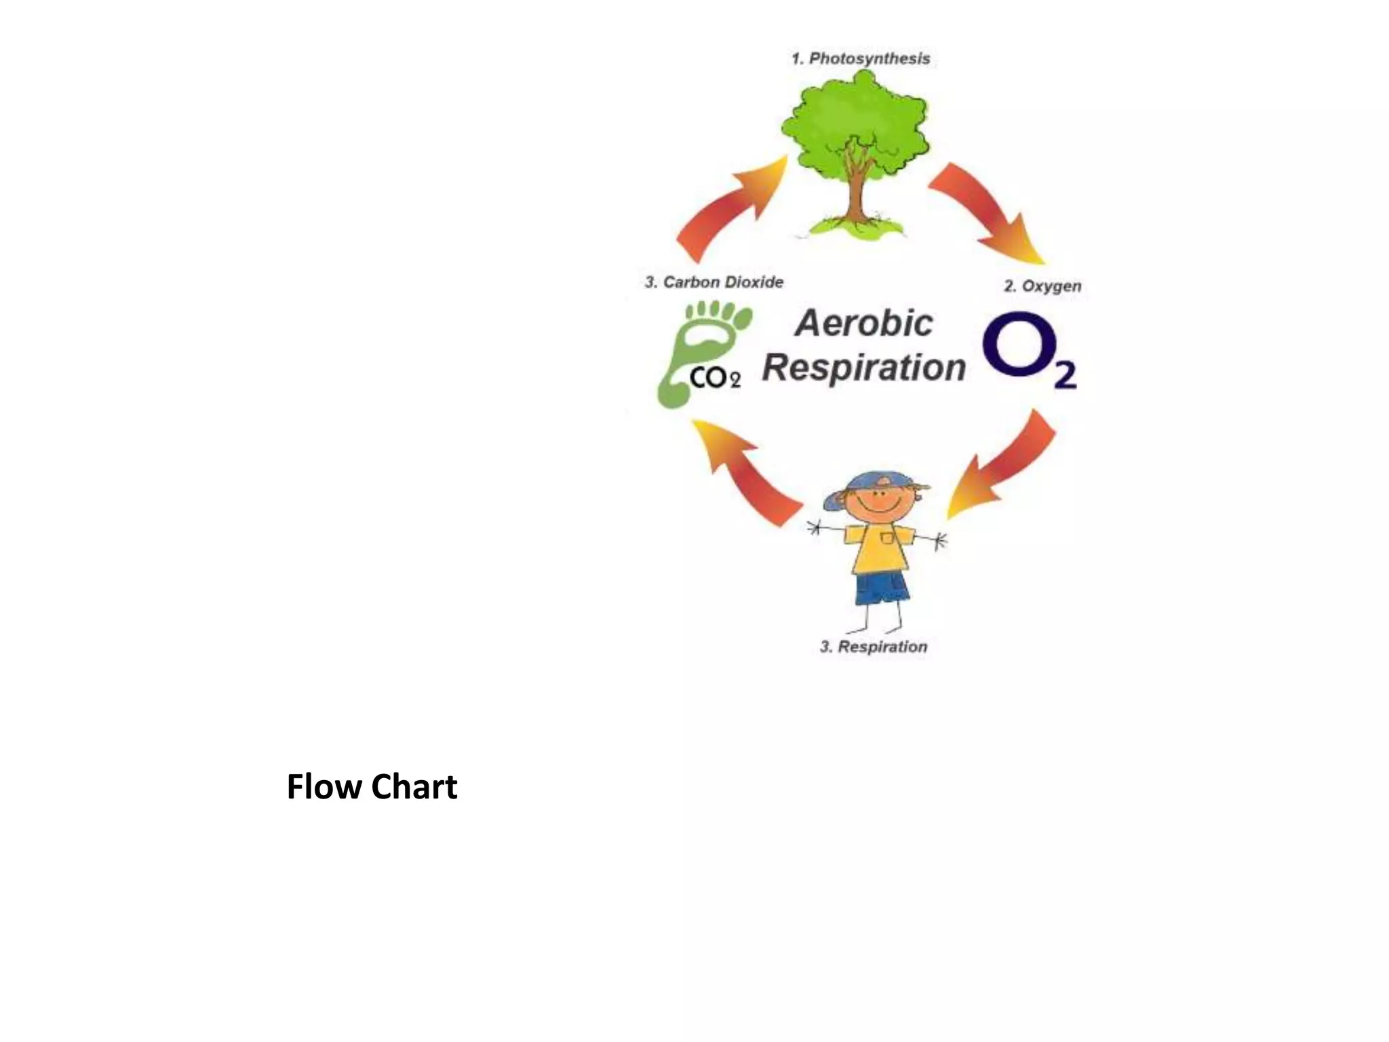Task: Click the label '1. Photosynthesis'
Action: coord(861,59)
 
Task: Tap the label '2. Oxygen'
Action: coord(1042,286)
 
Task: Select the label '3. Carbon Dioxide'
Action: coord(714,282)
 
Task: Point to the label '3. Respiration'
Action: coord(874,647)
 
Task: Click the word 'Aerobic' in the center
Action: coord(864,324)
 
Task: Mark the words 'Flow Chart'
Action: coord(372,787)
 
